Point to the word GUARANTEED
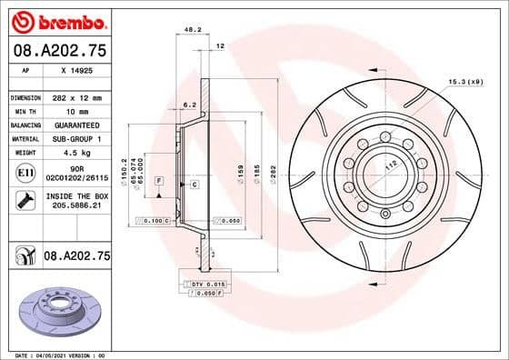coord(76,125)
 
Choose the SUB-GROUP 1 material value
coord(76,138)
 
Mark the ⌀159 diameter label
coord(240,170)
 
